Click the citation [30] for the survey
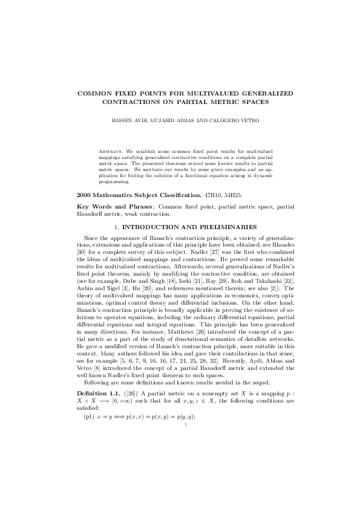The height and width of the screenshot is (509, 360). tap(82, 248)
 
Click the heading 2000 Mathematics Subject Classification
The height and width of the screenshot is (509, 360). tap(139, 195)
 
